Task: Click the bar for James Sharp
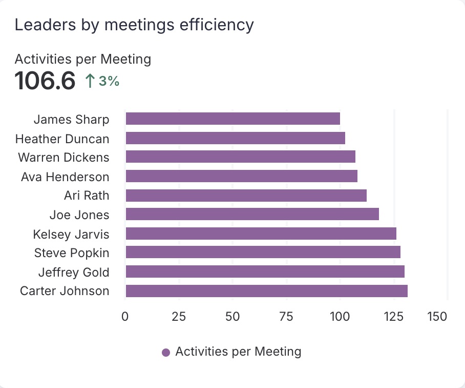pyautogui.click(x=233, y=119)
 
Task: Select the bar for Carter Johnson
pyautogui.click(x=266, y=291)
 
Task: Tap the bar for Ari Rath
pyautogui.click(x=246, y=196)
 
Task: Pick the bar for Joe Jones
pyautogui.click(x=252, y=215)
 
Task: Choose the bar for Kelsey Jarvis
pyautogui.click(x=261, y=234)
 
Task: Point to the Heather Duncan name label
pyautogui.click(x=62, y=139)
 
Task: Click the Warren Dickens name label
pyautogui.click(x=64, y=158)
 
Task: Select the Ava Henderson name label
pyautogui.click(x=65, y=177)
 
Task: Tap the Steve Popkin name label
pyautogui.click(x=72, y=253)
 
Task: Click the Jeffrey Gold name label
pyautogui.click(x=74, y=272)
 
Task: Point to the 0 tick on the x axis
pyautogui.click(x=125, y=317)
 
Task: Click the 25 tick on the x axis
pyautogui.click(x=179, y=317)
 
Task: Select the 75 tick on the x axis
pyautogui.click(x=286, y=317)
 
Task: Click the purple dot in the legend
pyautogui.click(x=165, y=353)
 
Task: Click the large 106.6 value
pyautogui.click(x=45, y=81)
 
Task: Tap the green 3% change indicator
pyautogui.click(x=102, y=81)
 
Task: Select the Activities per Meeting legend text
pyautogui.click(x=238, y=352)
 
